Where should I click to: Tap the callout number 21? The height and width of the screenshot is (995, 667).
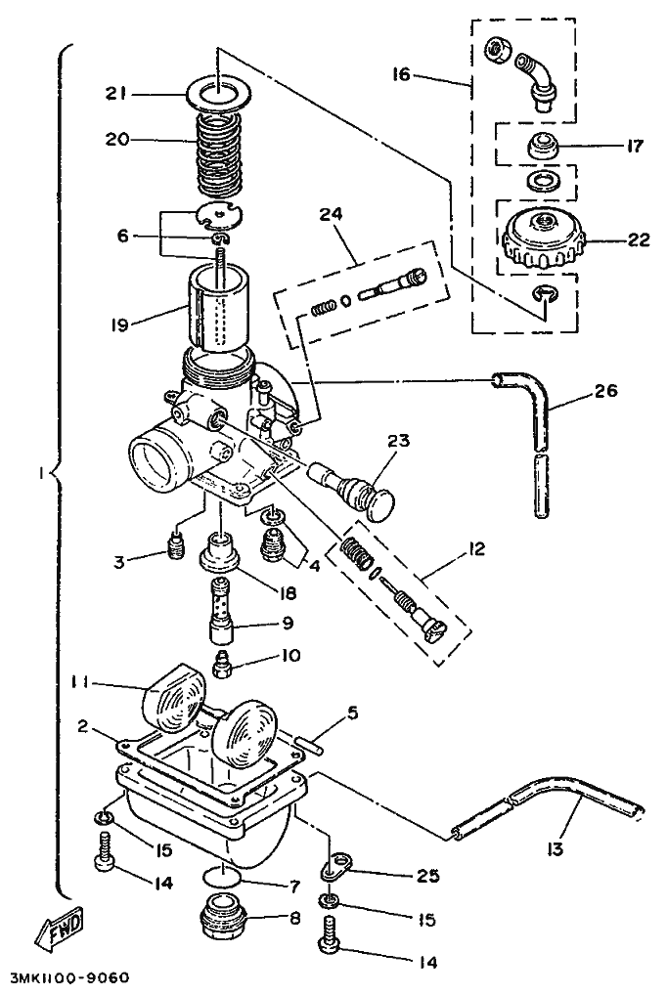click(x=116, y=94)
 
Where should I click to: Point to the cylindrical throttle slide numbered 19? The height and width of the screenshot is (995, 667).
click(x=218, y=309)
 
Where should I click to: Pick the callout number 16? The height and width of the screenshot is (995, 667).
click(x=401, y=75)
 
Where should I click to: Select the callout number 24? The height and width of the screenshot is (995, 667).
click(x=331, y=214)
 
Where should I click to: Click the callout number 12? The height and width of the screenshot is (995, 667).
click(x=475, y=547)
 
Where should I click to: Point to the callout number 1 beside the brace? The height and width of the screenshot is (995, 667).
click(x=42, y=473)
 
